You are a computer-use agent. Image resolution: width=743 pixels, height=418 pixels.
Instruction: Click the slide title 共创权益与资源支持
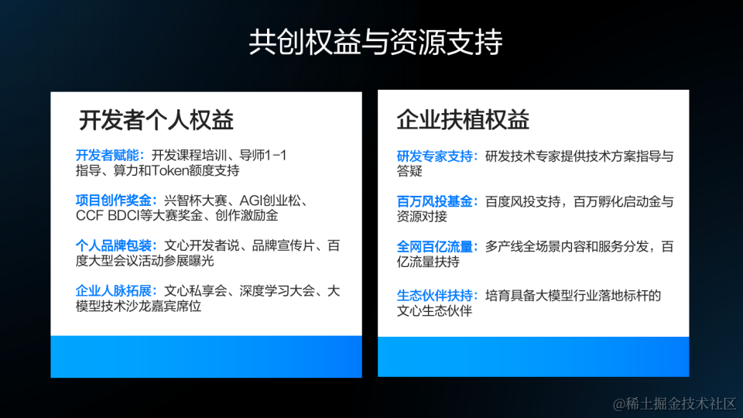tap(375, 43)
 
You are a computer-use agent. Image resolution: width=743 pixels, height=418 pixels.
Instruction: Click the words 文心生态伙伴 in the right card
tap(434, 311)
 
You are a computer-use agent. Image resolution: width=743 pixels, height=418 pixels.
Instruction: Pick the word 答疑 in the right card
tap(409, 171)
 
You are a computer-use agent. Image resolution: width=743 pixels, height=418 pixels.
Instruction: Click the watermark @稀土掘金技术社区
tap(674, 403)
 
